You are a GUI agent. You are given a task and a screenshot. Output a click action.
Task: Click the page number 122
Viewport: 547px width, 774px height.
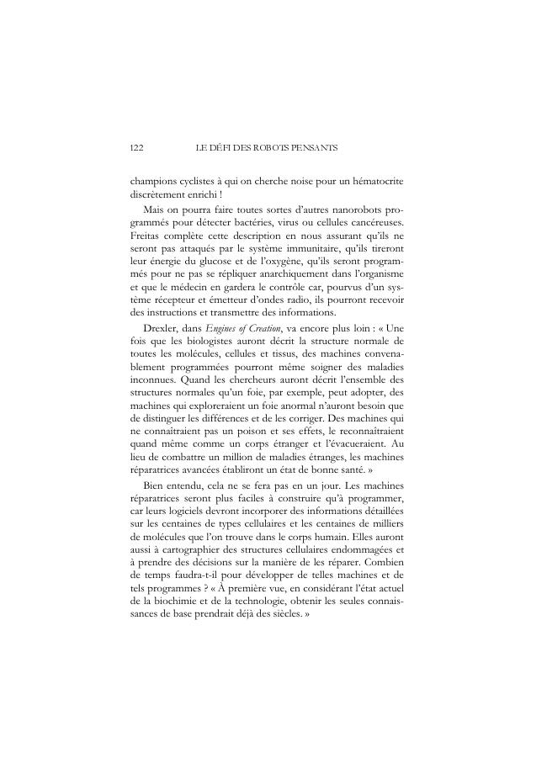click(x=136, y=148)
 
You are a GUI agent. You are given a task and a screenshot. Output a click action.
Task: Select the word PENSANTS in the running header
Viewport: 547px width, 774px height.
click(x=314, y=148)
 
